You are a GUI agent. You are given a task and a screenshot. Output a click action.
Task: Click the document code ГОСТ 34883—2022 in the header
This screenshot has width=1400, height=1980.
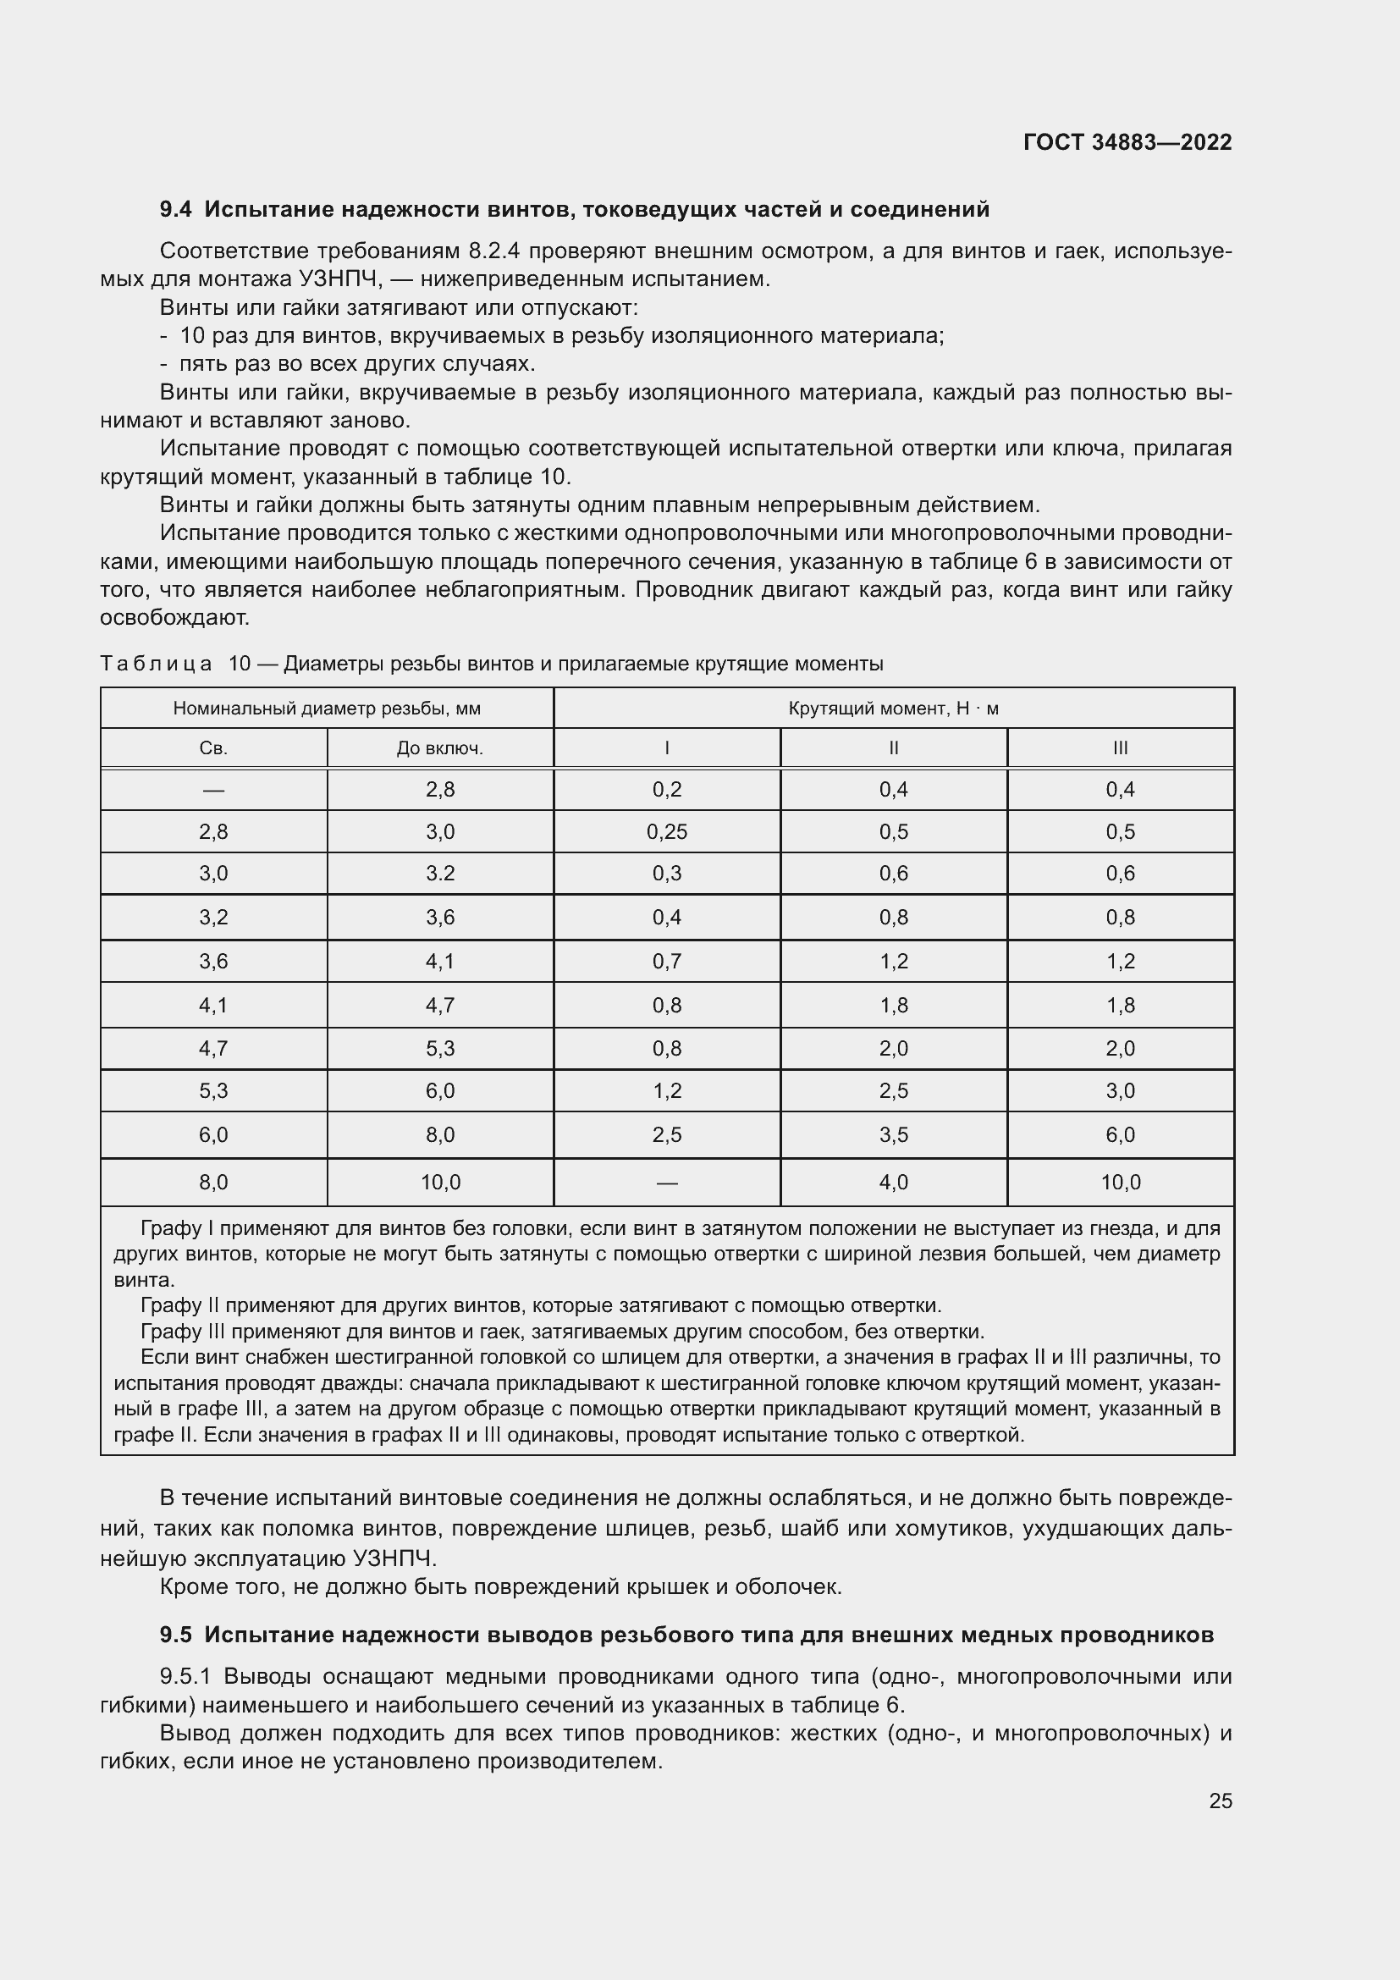coord(1127,142)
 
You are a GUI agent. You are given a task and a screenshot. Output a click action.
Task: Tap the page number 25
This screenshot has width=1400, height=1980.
coord(1220,1801)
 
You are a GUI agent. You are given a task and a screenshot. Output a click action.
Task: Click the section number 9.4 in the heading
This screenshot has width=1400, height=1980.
coord(176,210)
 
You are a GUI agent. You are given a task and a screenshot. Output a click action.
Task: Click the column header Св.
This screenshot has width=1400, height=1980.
coord(213,748)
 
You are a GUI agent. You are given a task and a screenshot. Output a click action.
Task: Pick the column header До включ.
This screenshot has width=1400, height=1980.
coord(439,748)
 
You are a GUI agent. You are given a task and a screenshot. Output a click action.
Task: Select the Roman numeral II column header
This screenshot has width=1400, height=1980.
coord(893,748)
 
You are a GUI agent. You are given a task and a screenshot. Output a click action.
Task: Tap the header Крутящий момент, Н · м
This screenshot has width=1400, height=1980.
coord(893,709)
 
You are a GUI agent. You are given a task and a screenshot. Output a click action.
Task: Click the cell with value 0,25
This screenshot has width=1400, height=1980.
coord(666,832)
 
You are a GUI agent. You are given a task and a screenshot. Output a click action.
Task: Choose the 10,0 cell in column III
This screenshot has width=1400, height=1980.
coord(1120,1183)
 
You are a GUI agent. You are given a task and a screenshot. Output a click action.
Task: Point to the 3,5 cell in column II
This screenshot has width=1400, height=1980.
coord(893,1135)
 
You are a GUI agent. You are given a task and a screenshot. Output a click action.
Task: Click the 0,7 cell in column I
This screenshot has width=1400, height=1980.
coord(666,962)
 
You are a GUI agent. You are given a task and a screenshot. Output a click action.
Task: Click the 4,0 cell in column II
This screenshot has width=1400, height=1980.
coord(893,1183)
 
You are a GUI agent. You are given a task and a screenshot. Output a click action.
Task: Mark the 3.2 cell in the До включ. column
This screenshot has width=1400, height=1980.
coord(439,874)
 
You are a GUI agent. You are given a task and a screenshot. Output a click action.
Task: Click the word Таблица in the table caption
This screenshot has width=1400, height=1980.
coord(156,664)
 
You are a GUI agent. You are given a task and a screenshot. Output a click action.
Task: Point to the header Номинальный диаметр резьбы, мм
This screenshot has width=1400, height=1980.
coord(327,709)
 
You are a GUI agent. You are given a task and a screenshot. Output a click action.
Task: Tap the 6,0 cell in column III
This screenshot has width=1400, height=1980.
coord(1120,1135)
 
